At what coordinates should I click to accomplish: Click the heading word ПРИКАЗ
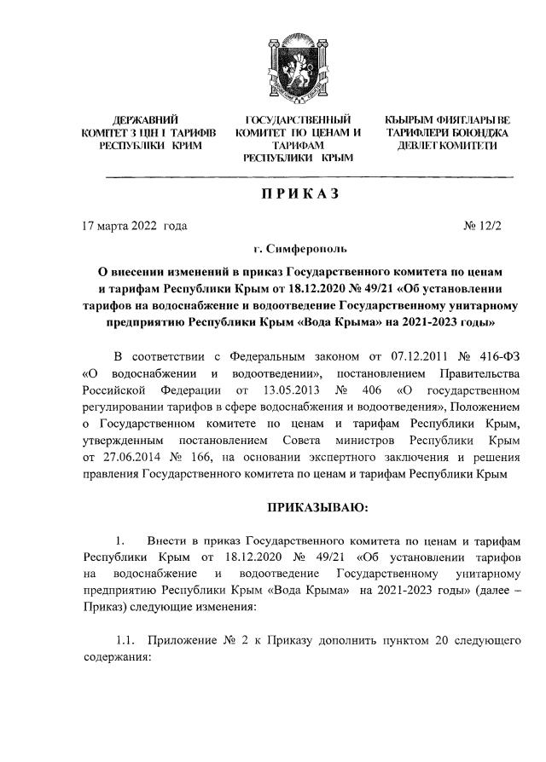point(299,194)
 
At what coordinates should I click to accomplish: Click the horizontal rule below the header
point(309,176)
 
